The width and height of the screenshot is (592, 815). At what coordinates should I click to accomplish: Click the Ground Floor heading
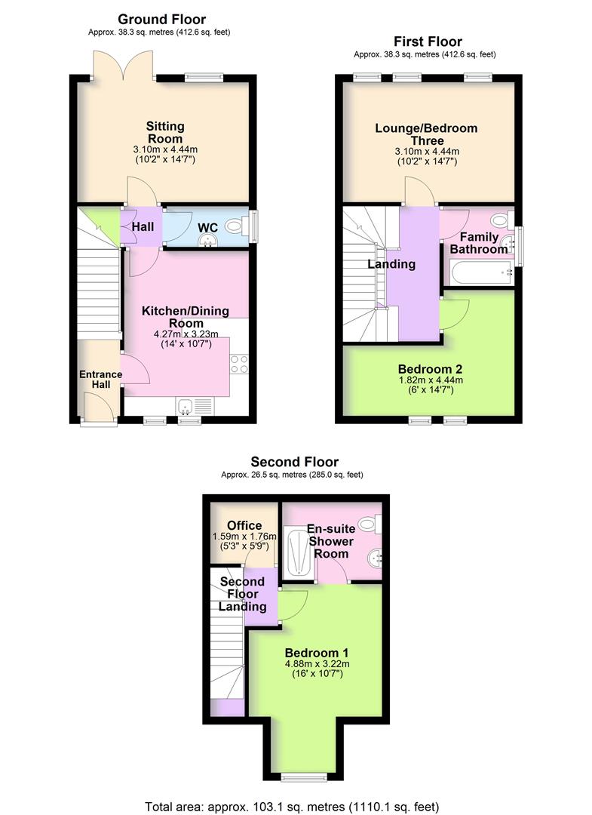click(161, 19)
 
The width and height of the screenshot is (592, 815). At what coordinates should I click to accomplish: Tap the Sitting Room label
click(164, 132)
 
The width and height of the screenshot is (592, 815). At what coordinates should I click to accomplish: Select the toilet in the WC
click(235, 224)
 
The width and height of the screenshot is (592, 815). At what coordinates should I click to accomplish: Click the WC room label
click(207, 227)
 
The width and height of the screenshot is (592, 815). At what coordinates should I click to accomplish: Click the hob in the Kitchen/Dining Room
click(239, 364)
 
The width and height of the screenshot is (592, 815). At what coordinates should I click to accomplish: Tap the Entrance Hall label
click(100, 380)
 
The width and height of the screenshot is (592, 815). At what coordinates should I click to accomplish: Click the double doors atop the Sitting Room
click(123, 65)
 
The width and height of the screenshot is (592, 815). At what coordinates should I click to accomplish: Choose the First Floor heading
click(428, 42)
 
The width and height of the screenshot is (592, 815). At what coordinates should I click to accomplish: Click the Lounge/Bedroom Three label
click(426, 134)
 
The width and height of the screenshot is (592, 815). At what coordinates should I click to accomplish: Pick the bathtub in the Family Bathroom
click(480, 273)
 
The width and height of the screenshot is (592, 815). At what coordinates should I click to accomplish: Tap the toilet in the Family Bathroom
click(498, 220)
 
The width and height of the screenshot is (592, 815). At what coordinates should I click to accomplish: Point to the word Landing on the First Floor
click(391, 264)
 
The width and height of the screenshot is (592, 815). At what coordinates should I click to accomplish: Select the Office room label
click(244, 525)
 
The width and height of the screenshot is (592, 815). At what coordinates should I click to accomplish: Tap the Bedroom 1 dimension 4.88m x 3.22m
click(317, 664)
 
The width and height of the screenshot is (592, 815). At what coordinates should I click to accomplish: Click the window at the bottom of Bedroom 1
click(305, 776)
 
